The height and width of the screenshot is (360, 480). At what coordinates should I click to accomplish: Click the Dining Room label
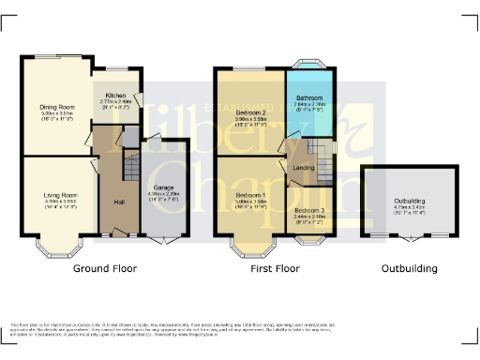57,107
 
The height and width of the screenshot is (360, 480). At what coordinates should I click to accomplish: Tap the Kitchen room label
117,96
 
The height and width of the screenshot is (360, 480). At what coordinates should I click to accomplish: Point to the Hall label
120,202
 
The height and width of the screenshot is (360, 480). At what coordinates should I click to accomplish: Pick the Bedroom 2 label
252,112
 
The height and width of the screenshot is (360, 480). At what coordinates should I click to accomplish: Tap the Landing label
303,168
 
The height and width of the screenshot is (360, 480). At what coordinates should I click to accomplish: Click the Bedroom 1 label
252,194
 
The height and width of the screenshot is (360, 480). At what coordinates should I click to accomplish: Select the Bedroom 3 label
308,210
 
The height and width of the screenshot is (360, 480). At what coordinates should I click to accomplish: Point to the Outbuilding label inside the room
409,201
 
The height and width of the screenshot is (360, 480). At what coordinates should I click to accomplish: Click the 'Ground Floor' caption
107,269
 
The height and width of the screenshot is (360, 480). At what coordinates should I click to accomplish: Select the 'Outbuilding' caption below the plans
409,269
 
